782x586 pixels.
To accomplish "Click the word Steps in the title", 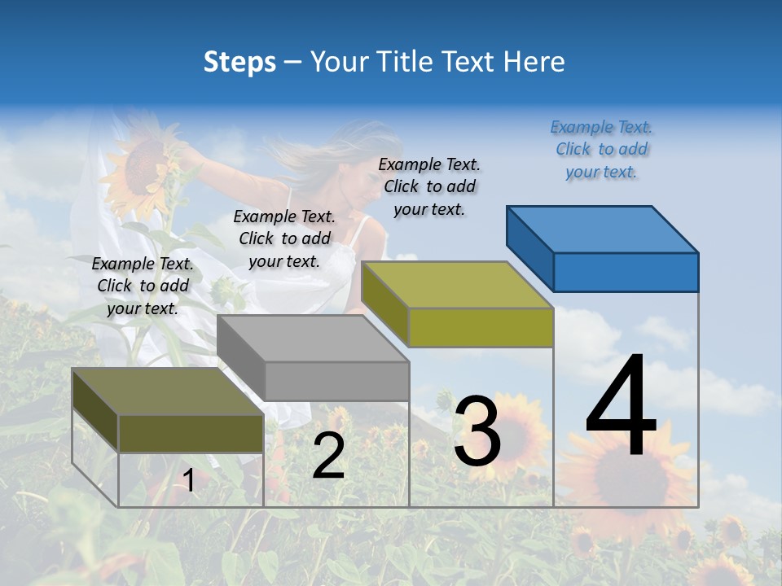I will pyautogui.click(x=239, y=62).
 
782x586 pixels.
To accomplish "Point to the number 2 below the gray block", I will pyautogui.click(x=328, y=456).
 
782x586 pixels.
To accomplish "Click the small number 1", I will pyautogui.click(x=189, y=481).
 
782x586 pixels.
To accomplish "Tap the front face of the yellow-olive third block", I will pyautogui.click(x=481, y=327).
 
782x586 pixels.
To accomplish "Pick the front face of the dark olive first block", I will pyautogui.click(x=191, y=433).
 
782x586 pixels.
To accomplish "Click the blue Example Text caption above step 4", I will pyautogui.click(x=601, y=149).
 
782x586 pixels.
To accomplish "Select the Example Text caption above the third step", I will pyautogui.click(x=429, y=186).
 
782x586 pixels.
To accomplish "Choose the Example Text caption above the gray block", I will pyautogui.click(x=284, y=238).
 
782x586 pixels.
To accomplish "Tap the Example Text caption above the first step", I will pyautogui.click(x=143, y=286).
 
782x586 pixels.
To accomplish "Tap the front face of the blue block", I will pyautogui.click(x=626, y=272).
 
